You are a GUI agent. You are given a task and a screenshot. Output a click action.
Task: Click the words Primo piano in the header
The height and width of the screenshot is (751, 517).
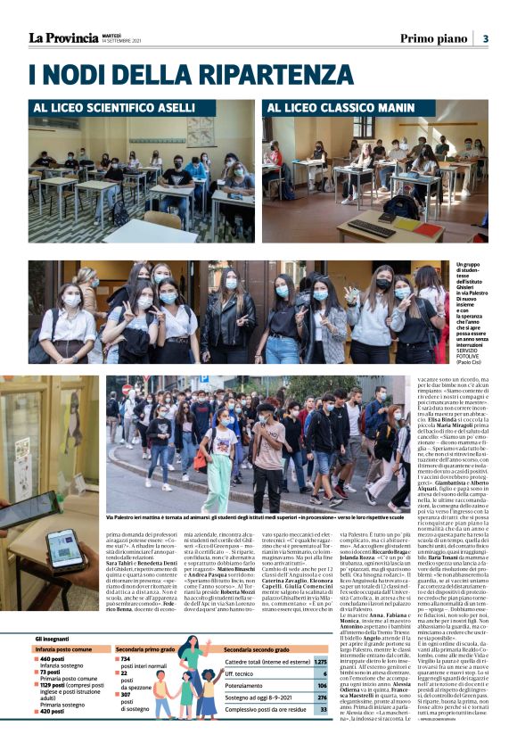431,38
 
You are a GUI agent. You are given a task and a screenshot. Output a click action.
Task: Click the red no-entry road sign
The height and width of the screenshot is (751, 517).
125,389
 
